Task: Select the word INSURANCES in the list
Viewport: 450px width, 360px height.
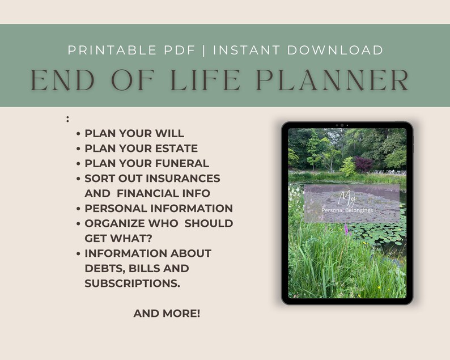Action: click(184, 178)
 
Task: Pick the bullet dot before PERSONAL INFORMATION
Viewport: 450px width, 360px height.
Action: click(78, 209)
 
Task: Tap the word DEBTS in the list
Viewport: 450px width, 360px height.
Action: click(103, 268)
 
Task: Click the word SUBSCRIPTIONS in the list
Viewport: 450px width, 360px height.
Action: click(132, 283)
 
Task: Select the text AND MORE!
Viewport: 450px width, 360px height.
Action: click(167, 313)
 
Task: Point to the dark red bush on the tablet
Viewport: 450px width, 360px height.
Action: click(364, 164)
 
